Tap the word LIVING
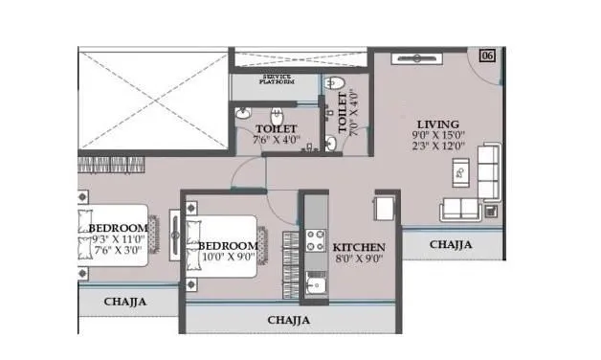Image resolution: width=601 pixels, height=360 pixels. pos(437,124)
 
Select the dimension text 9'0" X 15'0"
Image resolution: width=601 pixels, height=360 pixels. pos(437,137)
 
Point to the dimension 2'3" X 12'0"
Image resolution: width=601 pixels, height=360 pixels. pos(437,149)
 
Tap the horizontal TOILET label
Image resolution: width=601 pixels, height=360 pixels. pos(276,127)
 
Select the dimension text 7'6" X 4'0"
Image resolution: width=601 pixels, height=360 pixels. pos(276,140)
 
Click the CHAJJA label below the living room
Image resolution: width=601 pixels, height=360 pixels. pos(450,245)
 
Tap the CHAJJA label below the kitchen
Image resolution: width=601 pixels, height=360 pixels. pos(289,320)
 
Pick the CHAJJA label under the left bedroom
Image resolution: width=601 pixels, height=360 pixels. pos(125,302)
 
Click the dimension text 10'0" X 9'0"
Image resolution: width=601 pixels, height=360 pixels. pos(227,258)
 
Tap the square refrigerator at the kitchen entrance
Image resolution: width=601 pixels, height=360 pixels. pos(386,209)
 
